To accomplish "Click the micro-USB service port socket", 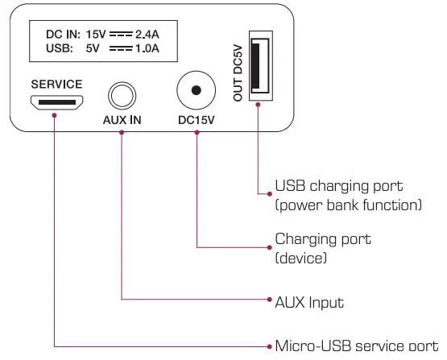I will pyautogui.click(x=56, y=102).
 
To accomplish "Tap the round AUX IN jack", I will pyautogui.click(x=122, y=96).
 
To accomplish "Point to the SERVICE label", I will pyautogui.click(x=56, y=84).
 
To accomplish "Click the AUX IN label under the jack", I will pyautogui.click(x=122, y=121).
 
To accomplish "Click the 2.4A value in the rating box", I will pyautogui.click(x=147, y=35).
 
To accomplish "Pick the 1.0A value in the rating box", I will pyautogui.click(x=147, y=49).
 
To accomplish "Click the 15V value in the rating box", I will pyautogui.click(x=94, y=35).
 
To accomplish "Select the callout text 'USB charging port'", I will pyautogui.click(x=338, y=186).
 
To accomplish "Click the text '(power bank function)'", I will pyautogui.click(x=348, y=205).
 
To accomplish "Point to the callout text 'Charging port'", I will pyautogui.click(x=323, y=239).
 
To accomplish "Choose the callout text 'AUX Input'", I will pyautogui.click(x=309, y=302).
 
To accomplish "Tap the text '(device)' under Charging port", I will pyautogui.click(x=300, y=258).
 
